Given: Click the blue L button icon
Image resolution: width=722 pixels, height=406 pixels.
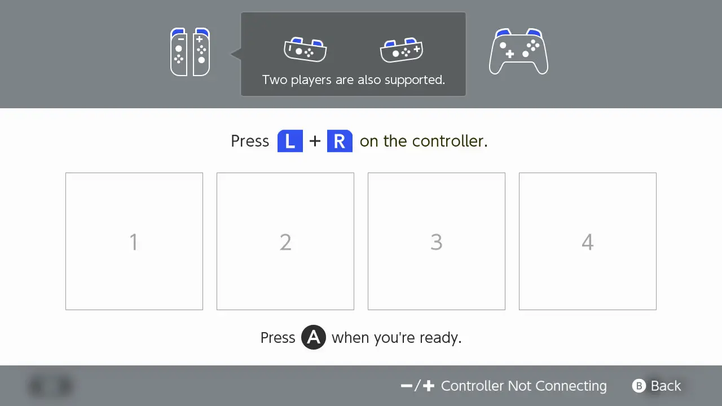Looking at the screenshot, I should click(290, 141).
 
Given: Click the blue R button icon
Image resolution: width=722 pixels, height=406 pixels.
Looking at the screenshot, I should click(340, 141).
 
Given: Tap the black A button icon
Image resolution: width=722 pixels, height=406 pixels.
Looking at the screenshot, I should click(314, 338).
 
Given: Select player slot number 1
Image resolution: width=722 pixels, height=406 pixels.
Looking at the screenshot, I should click(134, 241).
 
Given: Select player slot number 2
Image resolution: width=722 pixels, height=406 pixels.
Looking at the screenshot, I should click(285, 241).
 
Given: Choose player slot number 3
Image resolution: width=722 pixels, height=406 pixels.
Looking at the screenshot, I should click(437, 241).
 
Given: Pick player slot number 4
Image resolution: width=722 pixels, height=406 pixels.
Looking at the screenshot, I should click(588, 241).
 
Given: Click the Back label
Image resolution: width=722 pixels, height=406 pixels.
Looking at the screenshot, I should click(666, 386).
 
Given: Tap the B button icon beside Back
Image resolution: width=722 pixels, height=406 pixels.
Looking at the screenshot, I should click(639, 386).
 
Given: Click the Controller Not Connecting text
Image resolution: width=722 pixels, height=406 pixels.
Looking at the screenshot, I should click(523, 386).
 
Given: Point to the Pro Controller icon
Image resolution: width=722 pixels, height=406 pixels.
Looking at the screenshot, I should click(518, 52).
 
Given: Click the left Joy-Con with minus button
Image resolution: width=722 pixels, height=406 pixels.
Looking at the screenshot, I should click(179, 52).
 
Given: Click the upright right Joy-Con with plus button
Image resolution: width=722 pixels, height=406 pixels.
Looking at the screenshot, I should click(201, 52).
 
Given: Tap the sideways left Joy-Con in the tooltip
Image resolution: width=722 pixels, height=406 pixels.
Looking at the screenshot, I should click(305, 50).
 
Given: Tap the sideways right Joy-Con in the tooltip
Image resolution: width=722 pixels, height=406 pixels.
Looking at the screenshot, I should click(402, 50).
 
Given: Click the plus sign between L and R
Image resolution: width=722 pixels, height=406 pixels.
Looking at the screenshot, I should click(315, 141).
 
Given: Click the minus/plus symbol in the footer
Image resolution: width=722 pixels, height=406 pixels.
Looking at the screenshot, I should click(418, 386).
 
